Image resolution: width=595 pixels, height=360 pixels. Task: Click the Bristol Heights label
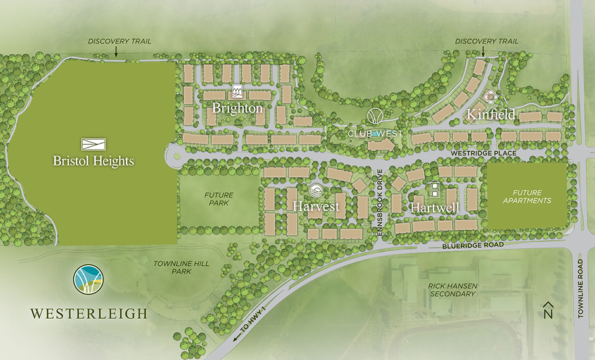coord(94,161)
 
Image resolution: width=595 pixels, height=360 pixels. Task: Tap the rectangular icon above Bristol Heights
coord(94,144)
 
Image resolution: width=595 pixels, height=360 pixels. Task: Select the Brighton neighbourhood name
coord(237,108)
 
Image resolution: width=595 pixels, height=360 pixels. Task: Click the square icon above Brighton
coord(237,92)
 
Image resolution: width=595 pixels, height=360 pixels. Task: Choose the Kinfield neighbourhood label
coord(491,115)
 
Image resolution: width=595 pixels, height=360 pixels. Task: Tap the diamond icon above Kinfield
coord(491,98)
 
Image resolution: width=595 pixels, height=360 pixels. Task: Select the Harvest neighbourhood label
coord(316,206)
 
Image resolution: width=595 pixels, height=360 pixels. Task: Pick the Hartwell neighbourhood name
coord(434,207)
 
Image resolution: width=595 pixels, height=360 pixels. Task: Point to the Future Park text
coord(218,199)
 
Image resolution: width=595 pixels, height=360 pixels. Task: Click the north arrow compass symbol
coord(549,310)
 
